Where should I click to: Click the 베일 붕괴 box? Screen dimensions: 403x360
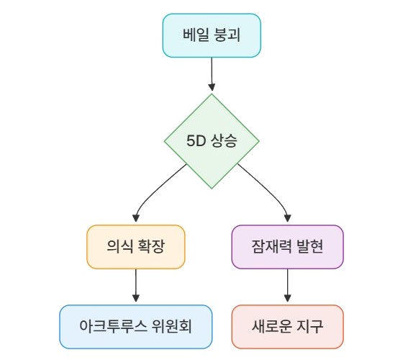[212, 35]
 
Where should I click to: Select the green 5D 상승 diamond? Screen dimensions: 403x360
[212, 141]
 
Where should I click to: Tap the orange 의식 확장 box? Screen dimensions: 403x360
[136, 247]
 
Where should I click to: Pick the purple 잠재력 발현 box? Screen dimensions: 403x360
[287, 247]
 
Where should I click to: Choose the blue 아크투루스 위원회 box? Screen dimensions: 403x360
[136, 327]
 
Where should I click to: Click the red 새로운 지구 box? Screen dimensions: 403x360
[287, 327]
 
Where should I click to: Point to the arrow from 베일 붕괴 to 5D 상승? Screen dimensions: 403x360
[212, 74]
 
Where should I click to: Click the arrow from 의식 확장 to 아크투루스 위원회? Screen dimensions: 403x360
[136, 285]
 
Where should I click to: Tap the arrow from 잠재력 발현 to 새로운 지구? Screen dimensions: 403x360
[287, 285]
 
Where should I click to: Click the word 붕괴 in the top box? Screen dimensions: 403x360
[227, 35]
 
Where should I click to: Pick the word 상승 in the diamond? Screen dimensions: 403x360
[224, 141]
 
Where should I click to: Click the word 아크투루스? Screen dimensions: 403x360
[113, 326]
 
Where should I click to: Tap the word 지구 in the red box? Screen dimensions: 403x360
[309, 326]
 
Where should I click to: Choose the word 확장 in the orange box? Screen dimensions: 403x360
[151, 246]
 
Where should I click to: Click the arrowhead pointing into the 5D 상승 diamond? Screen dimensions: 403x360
[212, 87]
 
